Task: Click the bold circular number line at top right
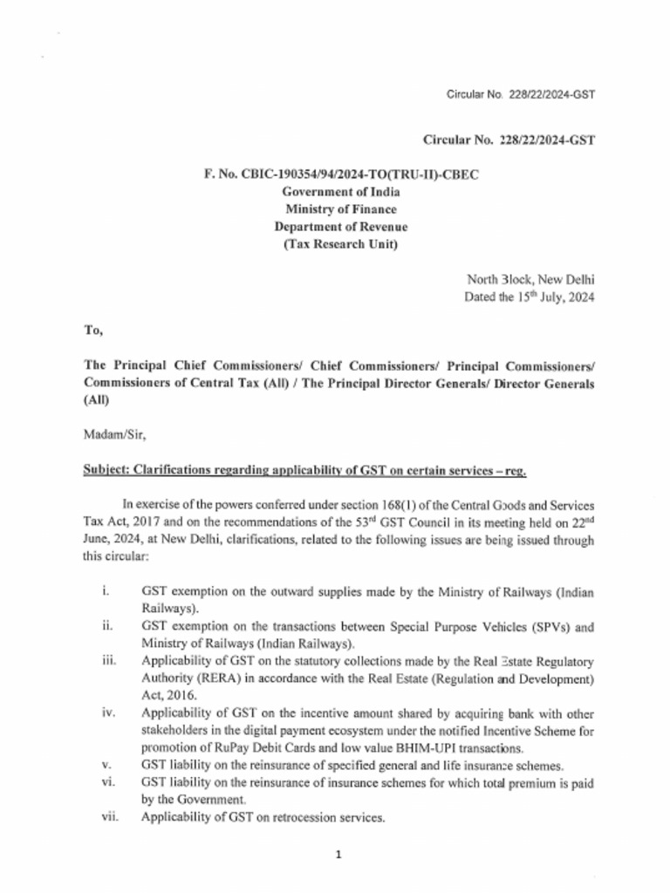pyautogui.click(x=509, y=140)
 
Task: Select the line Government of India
pyautogui.click(x=340, y=192)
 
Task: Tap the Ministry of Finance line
pyautogui.click(x=340, y=209)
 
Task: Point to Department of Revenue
pyautogui.click(x=340, y=227)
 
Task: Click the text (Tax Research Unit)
pyautogui.click(x=340, y=244)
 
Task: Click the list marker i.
pyautogui.click(x=105, y=591)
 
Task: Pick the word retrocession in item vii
pyautogui.click(x=291, y=818)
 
